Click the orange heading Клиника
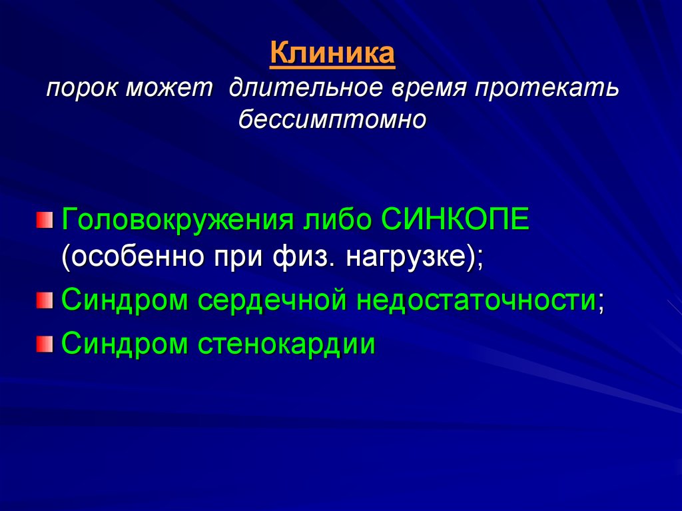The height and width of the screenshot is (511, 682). (x=332, y=53)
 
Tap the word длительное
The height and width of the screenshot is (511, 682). (x=306, y=87)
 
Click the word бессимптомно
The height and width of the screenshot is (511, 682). (x=332, y=119)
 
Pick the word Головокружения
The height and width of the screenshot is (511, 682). (x=178, y=220)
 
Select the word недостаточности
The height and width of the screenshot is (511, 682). (x=476, y=300)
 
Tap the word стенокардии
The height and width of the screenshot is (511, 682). (x=286, y=344)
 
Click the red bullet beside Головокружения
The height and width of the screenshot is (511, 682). (x=45, y=220)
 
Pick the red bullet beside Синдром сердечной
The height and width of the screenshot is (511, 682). (x=45, y=300)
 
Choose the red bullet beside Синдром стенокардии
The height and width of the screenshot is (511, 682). (x=45, y=344)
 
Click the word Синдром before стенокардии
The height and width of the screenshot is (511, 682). (x=125, y=344)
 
